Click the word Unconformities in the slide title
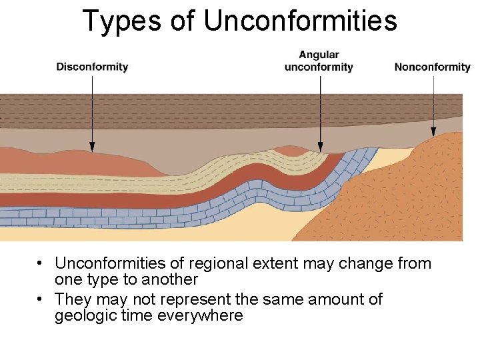(300, 21)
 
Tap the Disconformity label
(92, 67)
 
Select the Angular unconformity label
(319, 61)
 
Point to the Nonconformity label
(432, 67)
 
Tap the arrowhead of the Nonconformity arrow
(434, 132)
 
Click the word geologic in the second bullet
(84, 315)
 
